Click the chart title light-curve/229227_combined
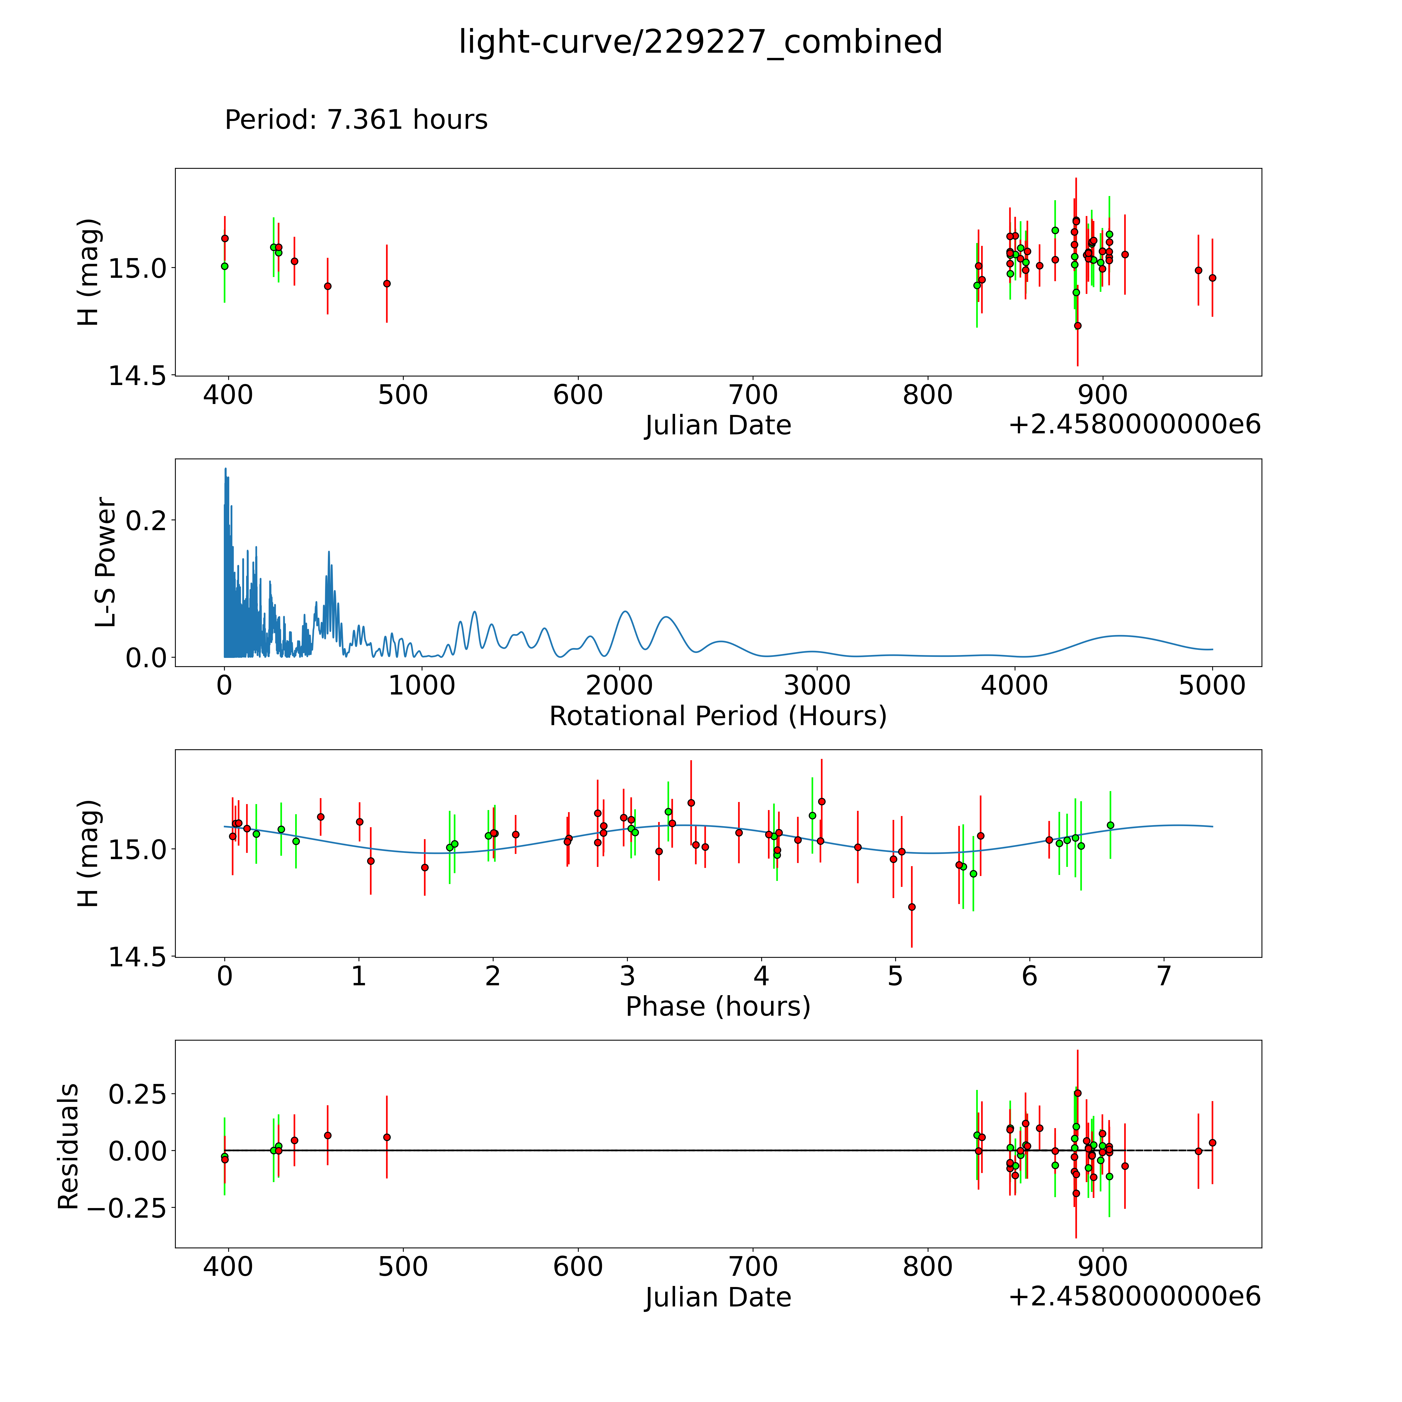tap(700, 42)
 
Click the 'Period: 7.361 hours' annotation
tap(356, 120)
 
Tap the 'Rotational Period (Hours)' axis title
tap(718, 716)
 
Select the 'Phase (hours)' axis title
tap(718, 1007)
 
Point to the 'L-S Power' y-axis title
tap(105, 562)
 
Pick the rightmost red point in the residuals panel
tap(1212, 1143)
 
